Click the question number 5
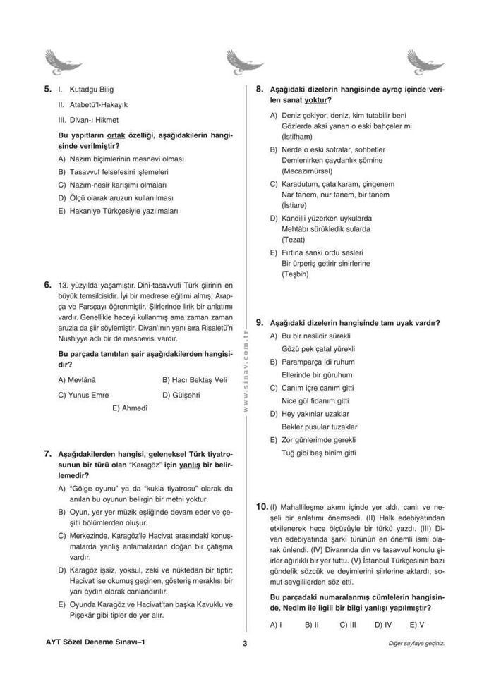tap(48, 90)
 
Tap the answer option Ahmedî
tap(130, 408)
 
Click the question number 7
tap(48, 453)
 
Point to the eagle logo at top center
tap(244, 62)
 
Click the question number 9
tap(260, 322)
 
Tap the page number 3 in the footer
tap(244, 643)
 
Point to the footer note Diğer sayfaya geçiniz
tap(416, 644)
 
